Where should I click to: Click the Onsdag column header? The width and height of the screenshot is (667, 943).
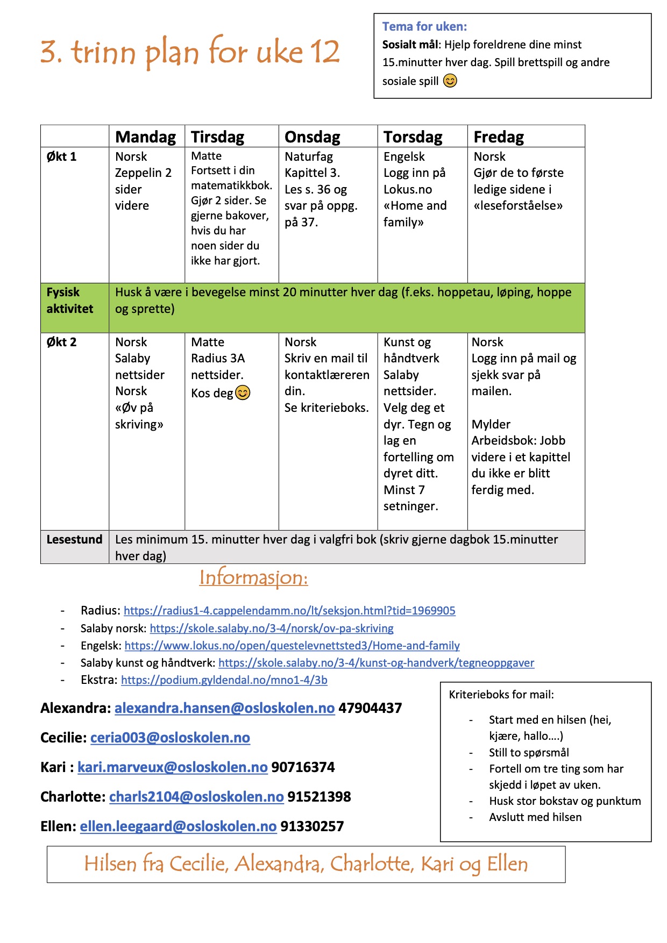click(x=312, y=137)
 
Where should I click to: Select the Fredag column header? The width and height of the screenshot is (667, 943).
click(x=498, y=137)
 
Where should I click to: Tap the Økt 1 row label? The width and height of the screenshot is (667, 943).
click(x=61, y=157)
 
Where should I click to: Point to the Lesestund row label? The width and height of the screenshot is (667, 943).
click(x=74, y=540)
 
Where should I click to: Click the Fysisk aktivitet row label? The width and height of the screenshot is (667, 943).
click(x=70, y=301)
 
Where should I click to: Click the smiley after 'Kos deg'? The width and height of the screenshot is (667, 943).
click(x=243, y=393)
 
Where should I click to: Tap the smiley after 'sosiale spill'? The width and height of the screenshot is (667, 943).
click(x=450, y=81)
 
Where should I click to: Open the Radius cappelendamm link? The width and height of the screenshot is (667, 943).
click(x=289, y=611)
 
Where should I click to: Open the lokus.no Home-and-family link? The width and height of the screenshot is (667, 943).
click(x=292, y=646)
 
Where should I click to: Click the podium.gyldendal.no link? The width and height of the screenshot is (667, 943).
click(x=224, y=680)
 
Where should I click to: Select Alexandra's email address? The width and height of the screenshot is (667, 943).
click(x=224, y=708)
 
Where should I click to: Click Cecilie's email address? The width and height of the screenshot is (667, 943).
click(x=170, y=738)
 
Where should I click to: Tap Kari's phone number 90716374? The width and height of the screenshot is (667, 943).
click(x=303, y=767)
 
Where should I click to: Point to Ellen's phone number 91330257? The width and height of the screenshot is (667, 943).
click(x=312, y=826)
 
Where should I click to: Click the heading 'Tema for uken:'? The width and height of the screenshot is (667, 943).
click(x=424, y=26)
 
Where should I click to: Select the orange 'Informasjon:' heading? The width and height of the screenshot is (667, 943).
click(x=253, y=578)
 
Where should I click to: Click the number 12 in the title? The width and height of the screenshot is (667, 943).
click(x=325, y=52)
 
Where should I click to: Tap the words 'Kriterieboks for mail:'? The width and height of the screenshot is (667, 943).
click(x=501, y=695)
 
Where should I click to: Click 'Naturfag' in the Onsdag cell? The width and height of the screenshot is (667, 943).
click(x=309, y=157)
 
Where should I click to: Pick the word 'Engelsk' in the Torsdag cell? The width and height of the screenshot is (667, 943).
click(x=404, y=157)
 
